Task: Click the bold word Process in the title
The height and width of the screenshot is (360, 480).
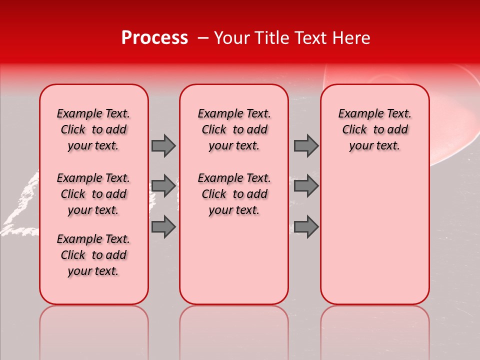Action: click(x=154, y=38)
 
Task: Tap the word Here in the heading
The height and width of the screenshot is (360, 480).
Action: click(x=352, y=38)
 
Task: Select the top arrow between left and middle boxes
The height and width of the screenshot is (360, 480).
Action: click(x=163, y=145)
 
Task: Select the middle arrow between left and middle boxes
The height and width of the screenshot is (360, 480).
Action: click(x=163, y=186)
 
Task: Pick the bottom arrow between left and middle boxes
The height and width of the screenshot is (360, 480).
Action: click(x=163, y=226)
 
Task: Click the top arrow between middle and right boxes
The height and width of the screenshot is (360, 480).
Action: click(x=306, y=145)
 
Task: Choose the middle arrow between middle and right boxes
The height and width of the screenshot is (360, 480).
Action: click(x=306, y=186)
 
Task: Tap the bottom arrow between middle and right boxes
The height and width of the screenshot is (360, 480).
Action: click(x=306, y=226)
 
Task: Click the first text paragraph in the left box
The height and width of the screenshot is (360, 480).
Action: click(x=93, y=129)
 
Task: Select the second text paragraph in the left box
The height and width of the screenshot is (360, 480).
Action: click(x=93, y=194)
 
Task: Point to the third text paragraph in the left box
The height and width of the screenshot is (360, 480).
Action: click(x=93, y=255)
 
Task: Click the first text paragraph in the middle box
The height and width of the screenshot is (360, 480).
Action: click(x=234, y=129)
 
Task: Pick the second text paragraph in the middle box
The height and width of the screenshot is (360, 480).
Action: click(x=234, y=194)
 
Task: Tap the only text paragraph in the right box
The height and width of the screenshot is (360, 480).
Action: click(x=375, y=129)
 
